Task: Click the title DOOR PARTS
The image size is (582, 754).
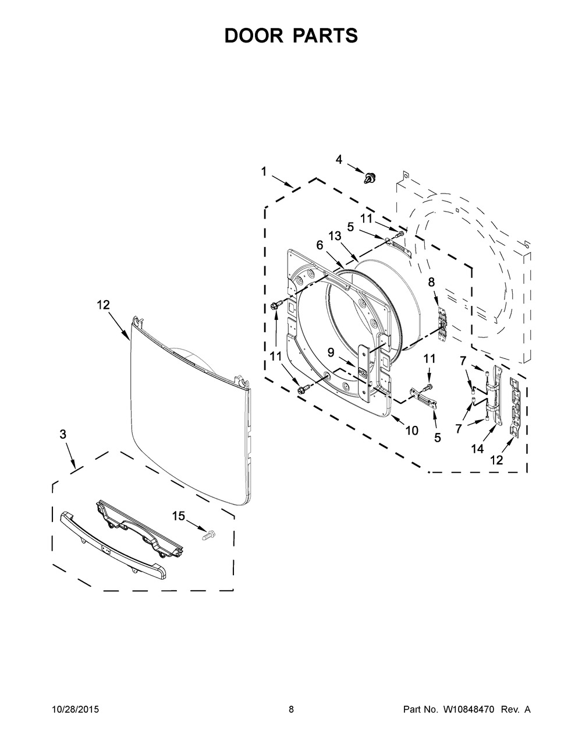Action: [291, 36]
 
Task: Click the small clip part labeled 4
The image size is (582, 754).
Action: [368, 177]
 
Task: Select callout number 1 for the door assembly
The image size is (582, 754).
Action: [264, 171]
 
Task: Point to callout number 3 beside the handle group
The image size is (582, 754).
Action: [63, 434]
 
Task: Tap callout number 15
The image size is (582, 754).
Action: [178, 516]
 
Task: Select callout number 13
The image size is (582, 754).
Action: [334, 235]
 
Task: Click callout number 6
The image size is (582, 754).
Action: [320, 245]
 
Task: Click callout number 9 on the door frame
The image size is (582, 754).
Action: [331, 352]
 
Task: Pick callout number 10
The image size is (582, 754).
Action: [411, 431]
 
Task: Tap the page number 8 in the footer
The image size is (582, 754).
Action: [291, 710]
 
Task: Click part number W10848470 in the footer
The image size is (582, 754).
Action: [466, 710]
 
